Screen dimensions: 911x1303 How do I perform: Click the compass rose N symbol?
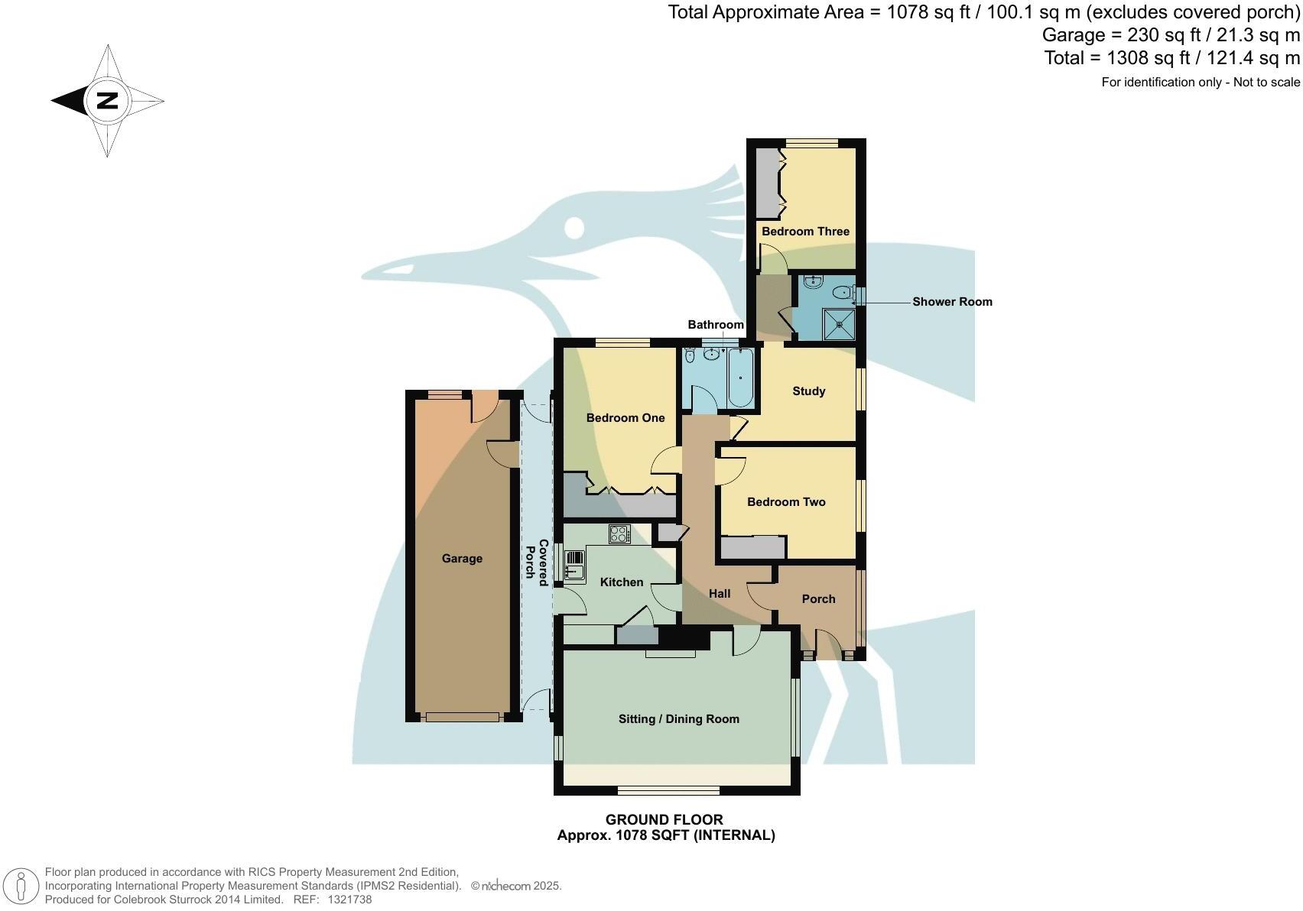coord(107,100)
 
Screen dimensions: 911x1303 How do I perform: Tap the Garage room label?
coord(462,559)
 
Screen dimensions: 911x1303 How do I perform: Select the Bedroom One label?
coord(625,418)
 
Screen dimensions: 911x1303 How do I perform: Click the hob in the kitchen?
coord(619,534)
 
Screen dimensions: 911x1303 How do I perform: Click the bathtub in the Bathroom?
coord(740,378)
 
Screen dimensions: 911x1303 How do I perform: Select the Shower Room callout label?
coord(952,302)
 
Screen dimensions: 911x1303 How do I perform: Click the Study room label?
coord(808,391)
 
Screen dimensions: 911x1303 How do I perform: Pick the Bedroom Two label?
coord(786,502)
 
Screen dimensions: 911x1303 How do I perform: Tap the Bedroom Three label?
coord(805,232)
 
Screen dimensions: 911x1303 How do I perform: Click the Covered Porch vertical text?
coord(537,563)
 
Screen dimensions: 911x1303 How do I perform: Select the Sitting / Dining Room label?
coord(678,719)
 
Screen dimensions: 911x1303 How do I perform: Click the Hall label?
coord(719,594)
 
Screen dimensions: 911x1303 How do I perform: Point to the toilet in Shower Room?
coord(843,291)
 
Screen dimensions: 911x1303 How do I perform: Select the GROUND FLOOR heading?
coord(664,820)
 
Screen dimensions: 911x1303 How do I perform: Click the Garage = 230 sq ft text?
coord(1116,35)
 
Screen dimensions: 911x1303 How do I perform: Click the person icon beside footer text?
coord(21,887)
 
